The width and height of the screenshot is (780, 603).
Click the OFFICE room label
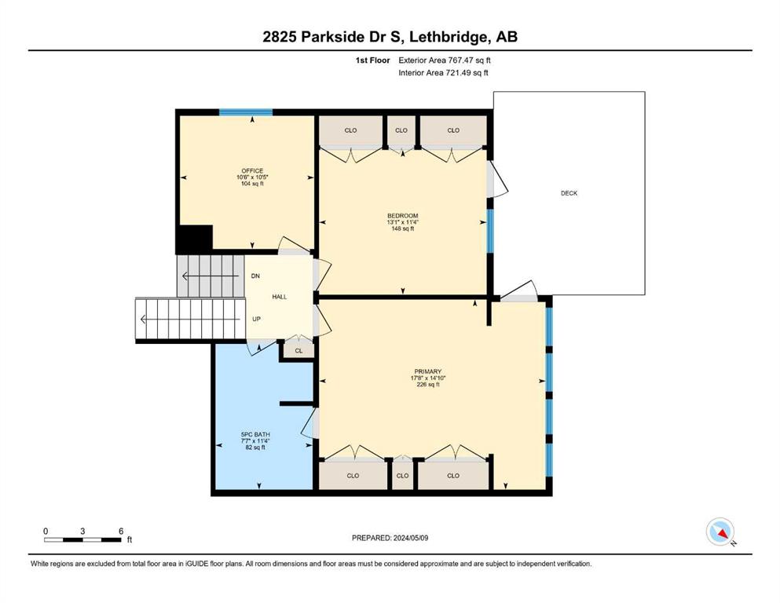point(252,170)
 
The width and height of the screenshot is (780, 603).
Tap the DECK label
point(569,193)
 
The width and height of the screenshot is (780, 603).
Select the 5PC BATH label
point(255,434)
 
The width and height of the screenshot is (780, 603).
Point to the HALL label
point(280,297)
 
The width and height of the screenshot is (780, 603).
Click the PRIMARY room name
point(428,371)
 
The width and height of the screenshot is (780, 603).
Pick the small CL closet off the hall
point(298,350)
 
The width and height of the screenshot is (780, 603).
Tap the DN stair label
point(255,276)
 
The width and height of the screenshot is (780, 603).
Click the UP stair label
point(256,319)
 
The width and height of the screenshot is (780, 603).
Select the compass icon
point(720,532)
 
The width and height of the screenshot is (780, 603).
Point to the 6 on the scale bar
point(121,531)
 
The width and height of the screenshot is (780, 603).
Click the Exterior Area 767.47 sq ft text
point(445,60)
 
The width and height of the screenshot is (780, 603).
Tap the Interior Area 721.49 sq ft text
point(443,72)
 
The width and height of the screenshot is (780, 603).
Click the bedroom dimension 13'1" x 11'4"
point(403,222)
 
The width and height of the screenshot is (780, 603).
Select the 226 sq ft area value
point(428,384)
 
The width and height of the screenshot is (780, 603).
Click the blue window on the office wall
point(246,112)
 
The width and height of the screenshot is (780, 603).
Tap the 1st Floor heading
point(372,60)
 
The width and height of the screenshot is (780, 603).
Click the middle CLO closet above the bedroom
point(401,130)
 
